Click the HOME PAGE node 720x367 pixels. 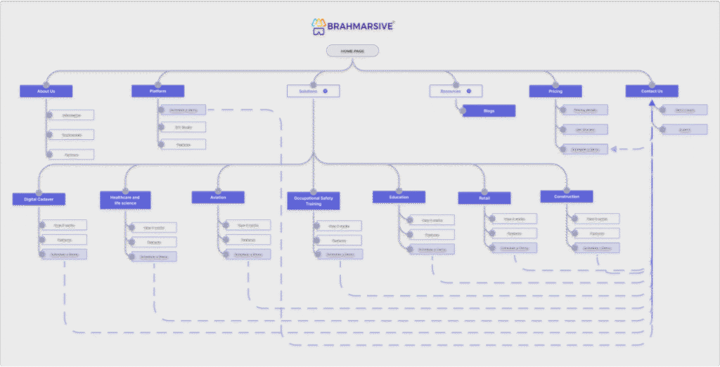coord(352,51)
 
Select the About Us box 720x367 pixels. coord(46,91)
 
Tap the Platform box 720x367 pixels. coord(158,91)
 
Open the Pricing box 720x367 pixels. coord(555,91)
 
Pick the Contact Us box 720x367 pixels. coord(652,91)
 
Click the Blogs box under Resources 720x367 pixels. coord(489,111)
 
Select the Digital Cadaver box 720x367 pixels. coord(39,200)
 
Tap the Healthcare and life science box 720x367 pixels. coord(125,200)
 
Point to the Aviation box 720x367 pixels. coord(218,198)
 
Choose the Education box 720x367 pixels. coord(399,197)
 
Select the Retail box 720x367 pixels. coord(484,198)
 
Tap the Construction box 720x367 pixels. coord(566,196)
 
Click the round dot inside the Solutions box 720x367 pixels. coord(326,91)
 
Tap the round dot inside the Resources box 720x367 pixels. coord(469,91)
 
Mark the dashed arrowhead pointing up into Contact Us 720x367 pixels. coord(652,104)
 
